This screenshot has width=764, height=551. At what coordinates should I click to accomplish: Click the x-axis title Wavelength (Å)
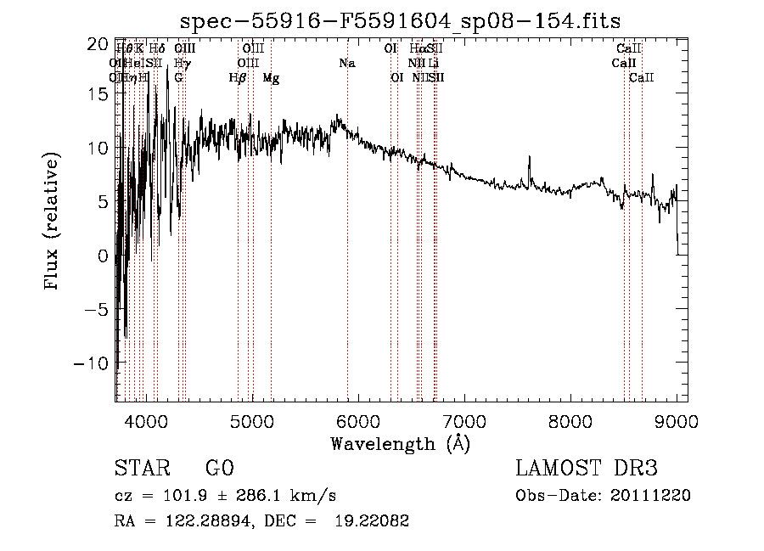click(400, 443)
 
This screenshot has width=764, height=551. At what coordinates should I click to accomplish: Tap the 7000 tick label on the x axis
click(463, 421)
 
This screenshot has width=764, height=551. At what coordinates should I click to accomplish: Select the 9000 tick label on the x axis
click(676, 421)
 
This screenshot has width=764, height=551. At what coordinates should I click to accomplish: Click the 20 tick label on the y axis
click(98, 42)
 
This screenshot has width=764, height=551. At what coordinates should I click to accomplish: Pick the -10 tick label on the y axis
click(93, 363)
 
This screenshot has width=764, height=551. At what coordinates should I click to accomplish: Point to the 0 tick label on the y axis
click(103, 256)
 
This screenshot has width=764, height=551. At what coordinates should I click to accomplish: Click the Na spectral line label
click(346, 64)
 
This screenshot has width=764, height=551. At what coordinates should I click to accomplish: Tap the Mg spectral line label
click(271, 78)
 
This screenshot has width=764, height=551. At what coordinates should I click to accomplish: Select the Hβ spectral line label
click(238, 78)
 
